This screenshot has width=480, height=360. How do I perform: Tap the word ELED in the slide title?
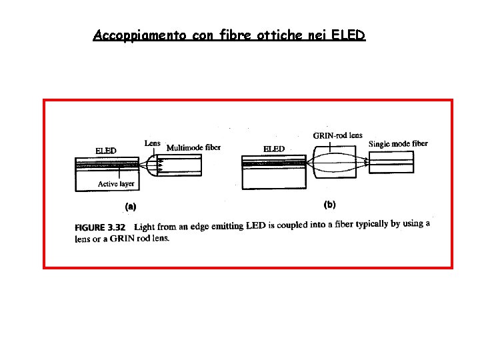pos(348,35)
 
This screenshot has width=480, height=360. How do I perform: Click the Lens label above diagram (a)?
pos(153,143)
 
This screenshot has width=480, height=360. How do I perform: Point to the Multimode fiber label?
pos(193,147)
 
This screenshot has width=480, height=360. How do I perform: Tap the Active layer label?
pos(116,184)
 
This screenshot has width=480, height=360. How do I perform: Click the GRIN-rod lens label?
pos(337,135)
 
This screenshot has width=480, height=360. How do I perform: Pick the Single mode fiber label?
pos(398,143)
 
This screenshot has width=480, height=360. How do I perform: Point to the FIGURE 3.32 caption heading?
pos(100,228)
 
